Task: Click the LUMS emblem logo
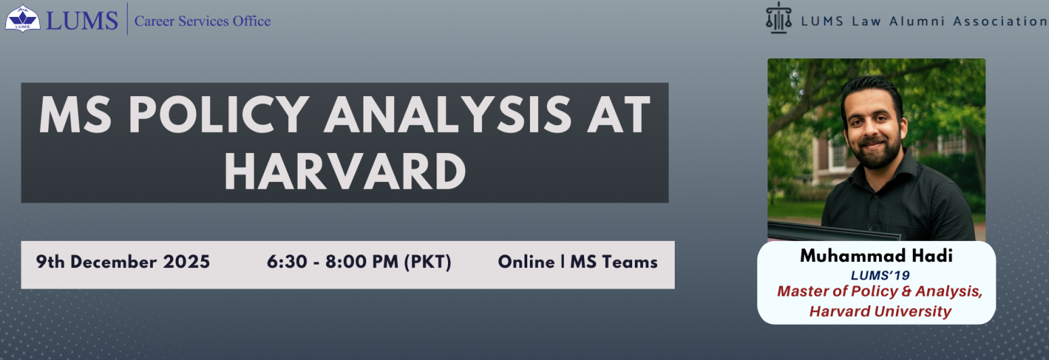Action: [22, 18]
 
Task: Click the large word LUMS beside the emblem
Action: [82, 20]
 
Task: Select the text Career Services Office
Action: [202, 21]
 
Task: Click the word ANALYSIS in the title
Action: [447, 114]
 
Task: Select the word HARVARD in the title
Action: [345, 171]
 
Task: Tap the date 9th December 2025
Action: [123, 262]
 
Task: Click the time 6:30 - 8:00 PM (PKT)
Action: [359, 262]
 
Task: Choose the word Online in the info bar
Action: [526, 262]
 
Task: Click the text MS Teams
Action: [614, 262]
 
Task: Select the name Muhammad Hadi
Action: [876, 256]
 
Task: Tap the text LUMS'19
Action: [880, 275]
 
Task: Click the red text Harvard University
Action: [880, 311]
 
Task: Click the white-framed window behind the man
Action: [838, 153]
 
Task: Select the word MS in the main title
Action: [75, 114]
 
